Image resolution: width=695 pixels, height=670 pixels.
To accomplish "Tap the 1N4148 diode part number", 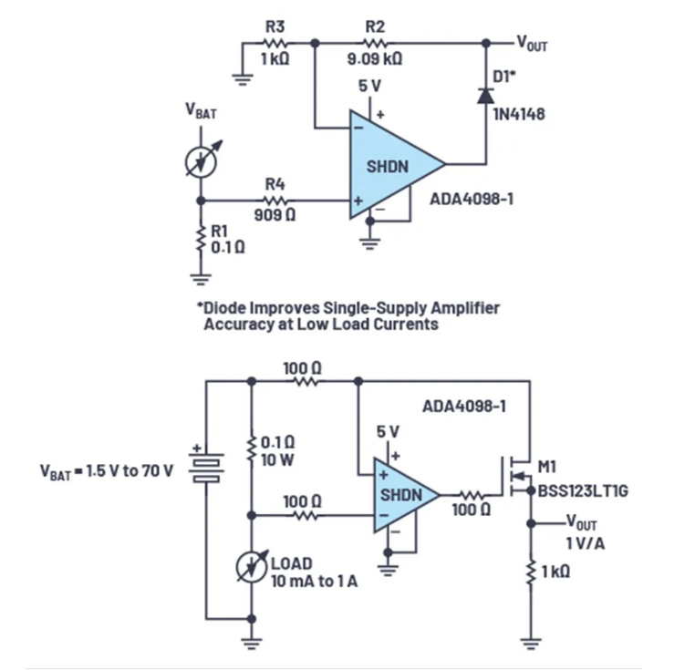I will [x=518, y=115].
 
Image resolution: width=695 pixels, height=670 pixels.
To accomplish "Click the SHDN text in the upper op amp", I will [x=390, y=167].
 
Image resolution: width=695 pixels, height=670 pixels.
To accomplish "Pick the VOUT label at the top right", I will [x=533, y=43].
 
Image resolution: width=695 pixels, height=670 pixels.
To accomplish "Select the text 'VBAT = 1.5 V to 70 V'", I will [x=109, y=473].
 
